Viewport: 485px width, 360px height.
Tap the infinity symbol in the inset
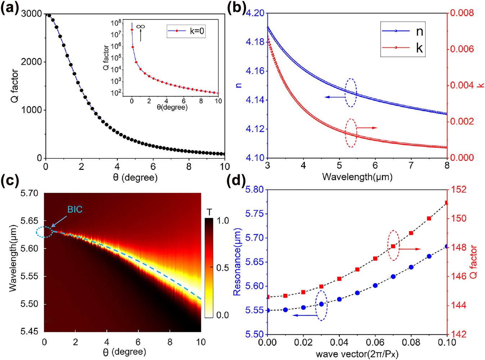(x=141, y=27)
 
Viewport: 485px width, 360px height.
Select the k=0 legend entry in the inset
(x=186, y=31)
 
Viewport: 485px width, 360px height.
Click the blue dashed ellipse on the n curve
(x=351, y=93)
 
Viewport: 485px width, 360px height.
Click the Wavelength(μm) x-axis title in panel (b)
(x=357, y=177)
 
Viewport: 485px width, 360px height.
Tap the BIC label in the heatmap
(x=75, y=210)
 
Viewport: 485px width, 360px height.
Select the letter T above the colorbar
(x=209, y=212)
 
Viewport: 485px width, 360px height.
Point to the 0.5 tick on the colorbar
(x=223, y=268)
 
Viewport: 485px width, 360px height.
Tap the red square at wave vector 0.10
(x=447, y=203)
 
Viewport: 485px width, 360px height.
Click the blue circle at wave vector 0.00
(x=268, y=310)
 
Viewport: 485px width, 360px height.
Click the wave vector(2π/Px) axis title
(x=357, y=354)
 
